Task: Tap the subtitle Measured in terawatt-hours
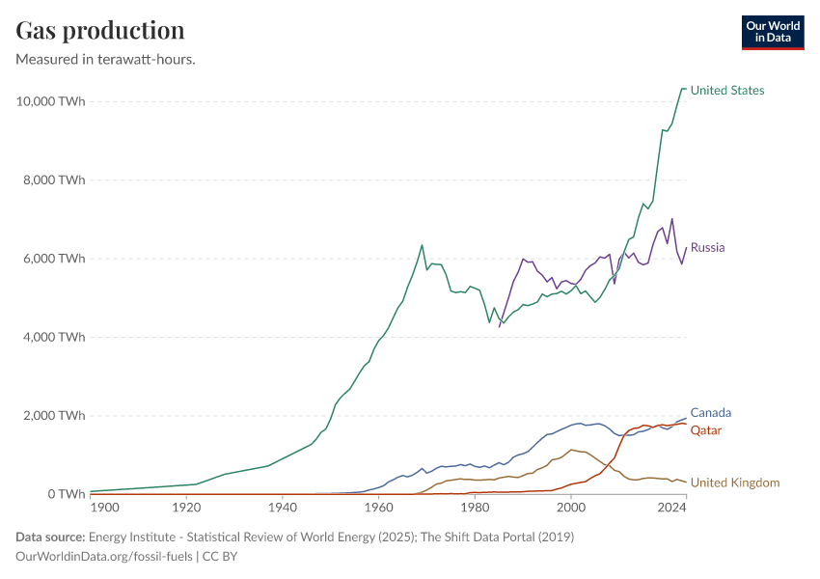coord(106,60)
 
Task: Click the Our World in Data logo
coord(772,32)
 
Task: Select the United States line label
coord(726,91)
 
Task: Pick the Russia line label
coord(707,248)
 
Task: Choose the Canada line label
coord(710,413)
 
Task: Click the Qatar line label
coord(706,430)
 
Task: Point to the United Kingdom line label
coord(734,482)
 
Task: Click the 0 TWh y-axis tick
coord(64,494)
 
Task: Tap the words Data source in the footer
coord(49,537)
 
